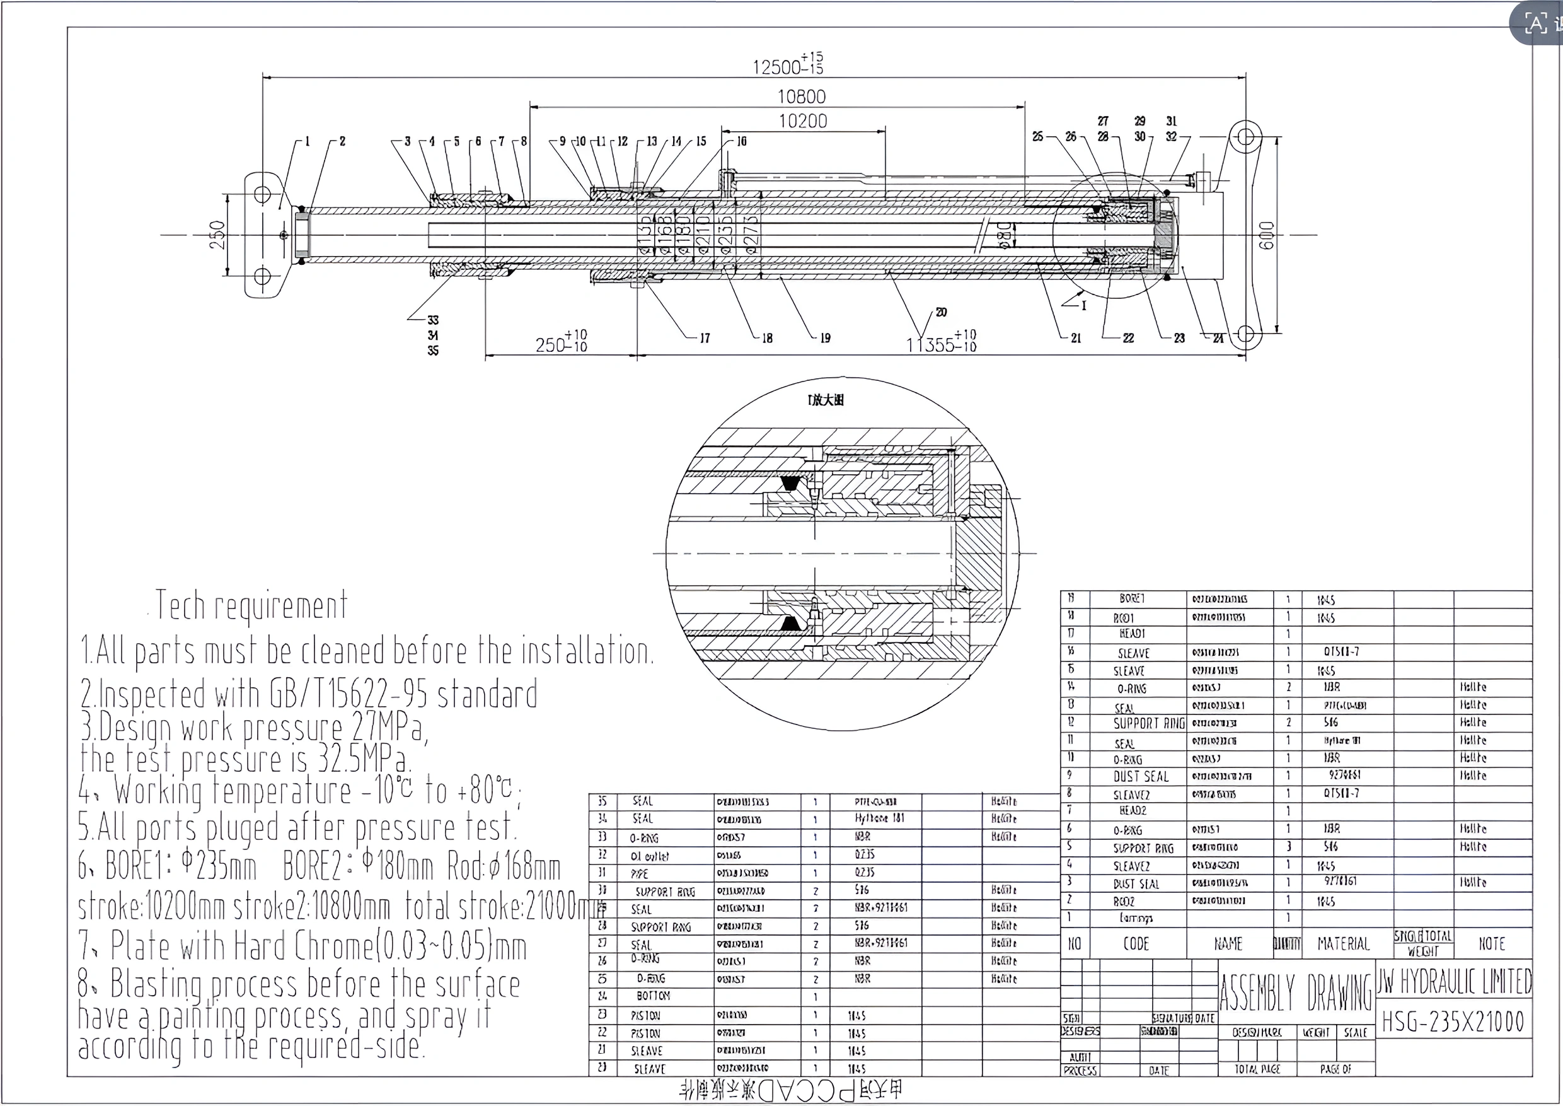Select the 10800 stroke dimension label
point(801,96)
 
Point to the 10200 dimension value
point(802,121)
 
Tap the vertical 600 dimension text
point(1266,235)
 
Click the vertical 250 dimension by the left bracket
point(217,235)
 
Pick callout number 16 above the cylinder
point(741,141)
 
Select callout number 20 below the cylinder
point(941,313)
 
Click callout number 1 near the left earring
point(307,141)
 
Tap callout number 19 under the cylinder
point(825,338)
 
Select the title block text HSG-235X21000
point(1453,1022)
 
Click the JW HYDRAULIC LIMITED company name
point(1454,981)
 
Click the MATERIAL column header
point(1343,944)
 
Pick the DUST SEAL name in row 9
point(1141,776)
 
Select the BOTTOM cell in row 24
point(653,996)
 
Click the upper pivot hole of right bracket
point(1245,137)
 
